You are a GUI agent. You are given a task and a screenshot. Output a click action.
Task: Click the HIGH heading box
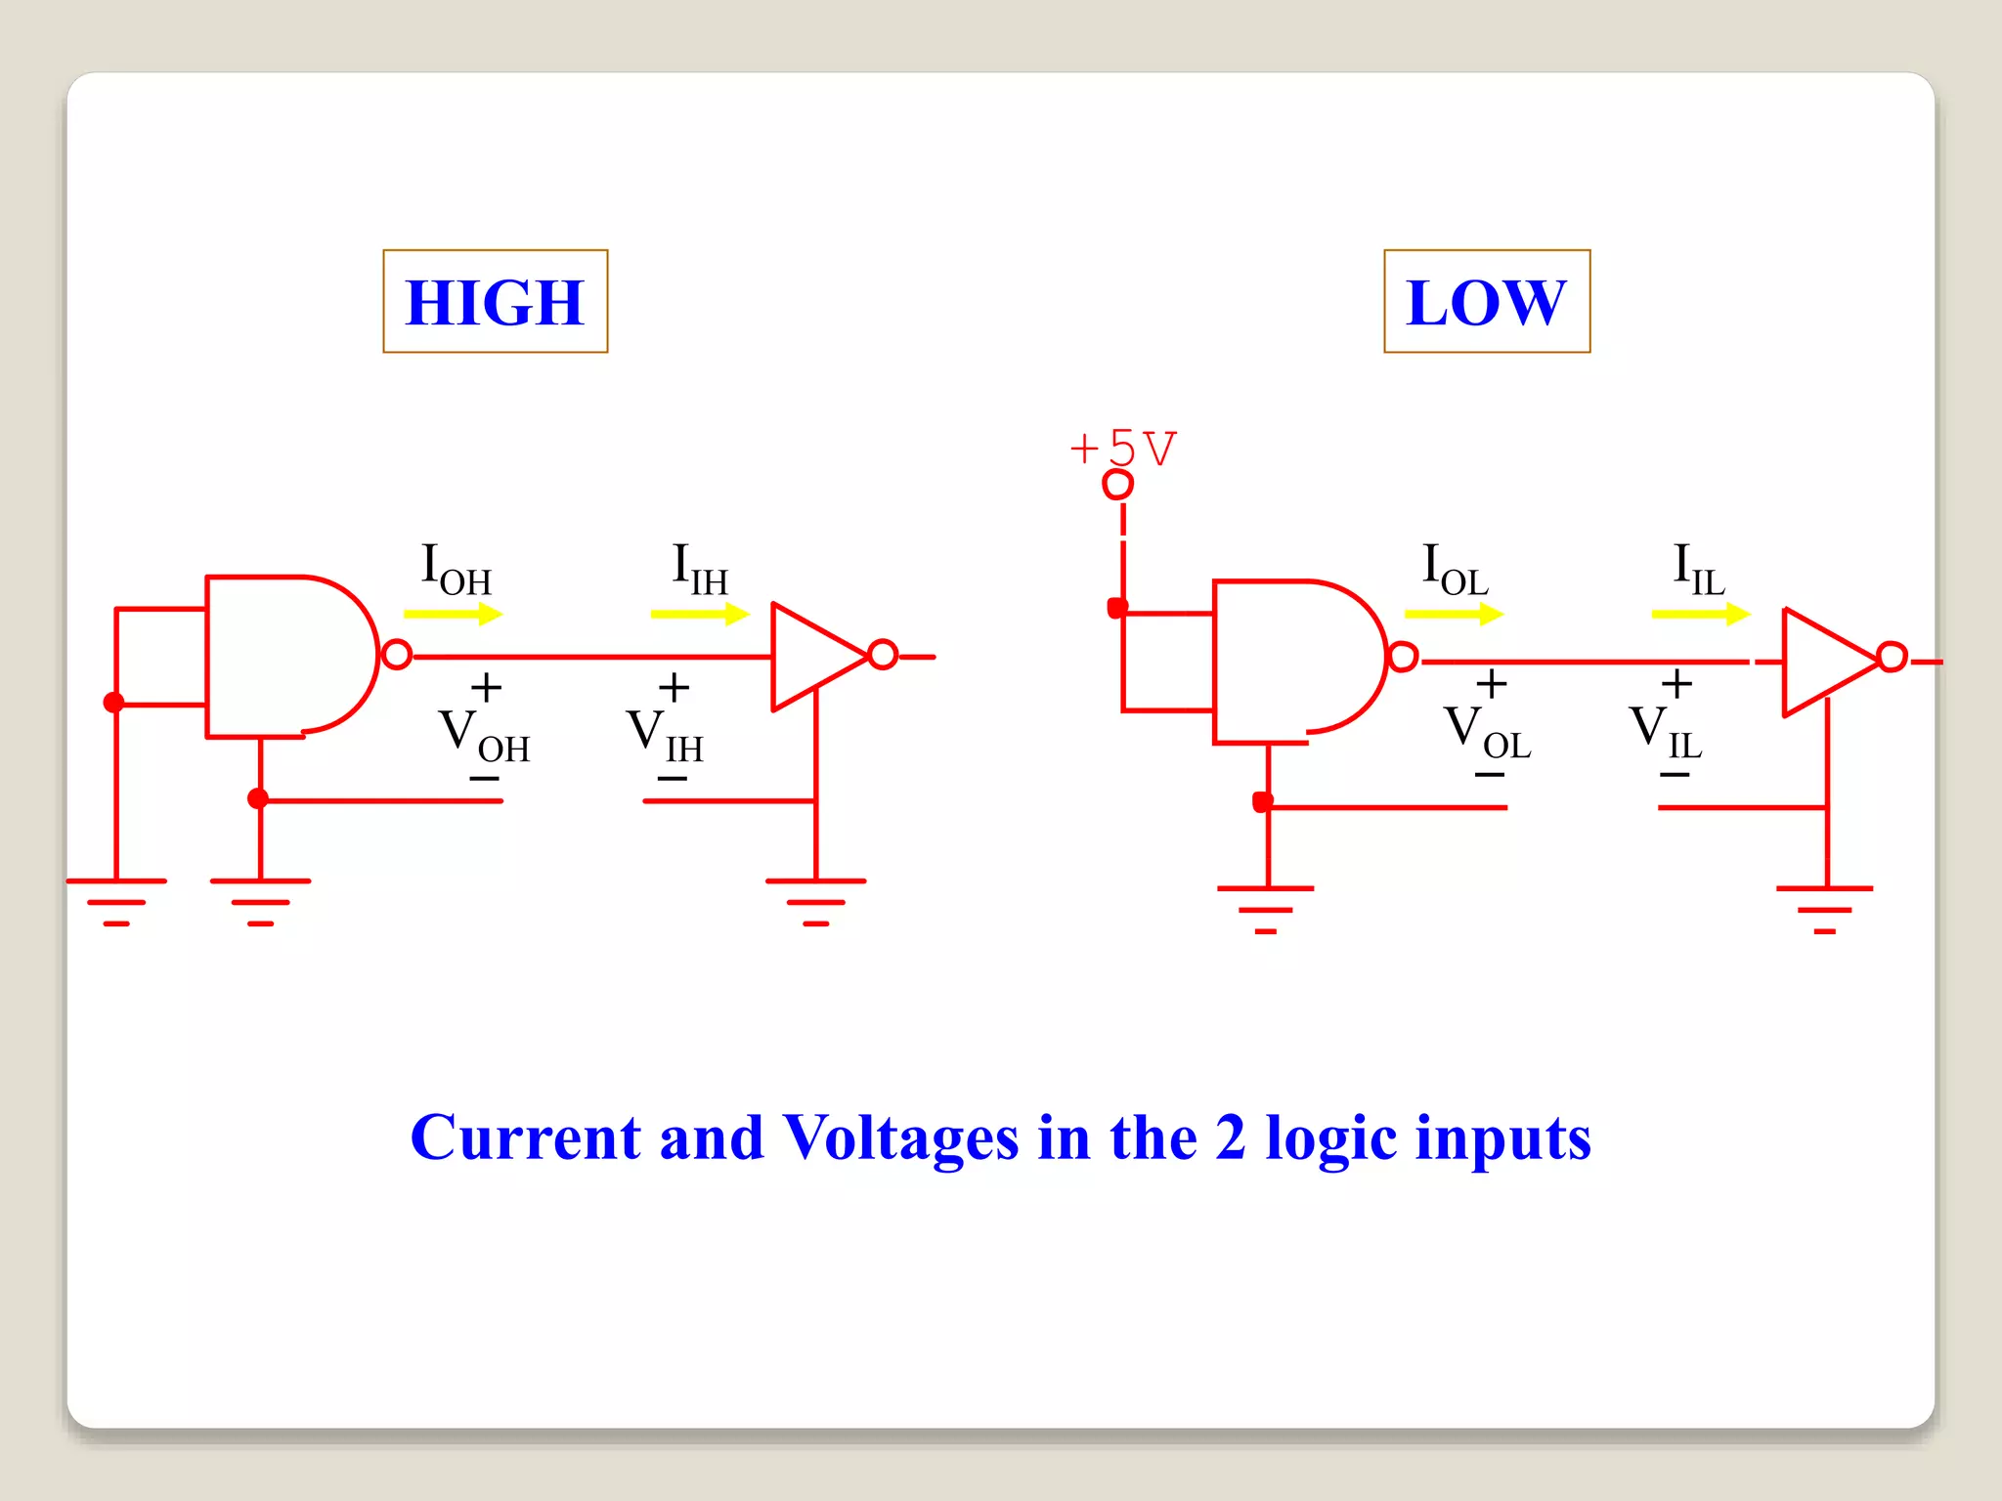pyautogui.click(x=495, y=301)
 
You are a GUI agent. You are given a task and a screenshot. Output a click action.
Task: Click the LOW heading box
pyautogui.click(x=1486, y=301)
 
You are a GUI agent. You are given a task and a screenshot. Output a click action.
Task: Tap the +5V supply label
pyautogui.click(x=1124, y=449)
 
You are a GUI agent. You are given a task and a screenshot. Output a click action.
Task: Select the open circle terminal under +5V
pyautogui.click(x=1117, y=484)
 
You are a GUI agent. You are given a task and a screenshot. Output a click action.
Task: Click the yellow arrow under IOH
pyautogui.click(x=453, y=614)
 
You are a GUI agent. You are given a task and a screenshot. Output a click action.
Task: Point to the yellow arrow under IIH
pyautogui.click(x=700, y=614)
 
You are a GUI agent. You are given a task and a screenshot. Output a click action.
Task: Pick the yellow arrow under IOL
pyautogui.click(x=1454, y=614)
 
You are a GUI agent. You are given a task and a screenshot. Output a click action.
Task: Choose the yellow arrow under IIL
pyautogui.click(x=1701, y=614)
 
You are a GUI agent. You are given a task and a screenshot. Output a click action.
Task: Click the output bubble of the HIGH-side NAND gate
pyautogui.click(x=397, y=654)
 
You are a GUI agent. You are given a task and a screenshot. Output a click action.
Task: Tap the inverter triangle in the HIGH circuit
pyautogui.click(x=811, y=656)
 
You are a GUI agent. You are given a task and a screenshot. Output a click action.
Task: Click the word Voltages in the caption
pyautogui.click(x=900, y=1137)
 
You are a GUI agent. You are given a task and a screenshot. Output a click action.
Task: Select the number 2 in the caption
pyautogui.click(x=1230, y=1137)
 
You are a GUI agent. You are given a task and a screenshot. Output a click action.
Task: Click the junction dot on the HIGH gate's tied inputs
pyautogui.click(x=114, y=702)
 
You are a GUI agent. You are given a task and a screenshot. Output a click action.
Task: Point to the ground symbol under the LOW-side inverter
pyautogui.click(x=1824, y=909)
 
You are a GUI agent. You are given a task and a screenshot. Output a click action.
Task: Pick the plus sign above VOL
pyautogui.click(x=1491, y=683)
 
